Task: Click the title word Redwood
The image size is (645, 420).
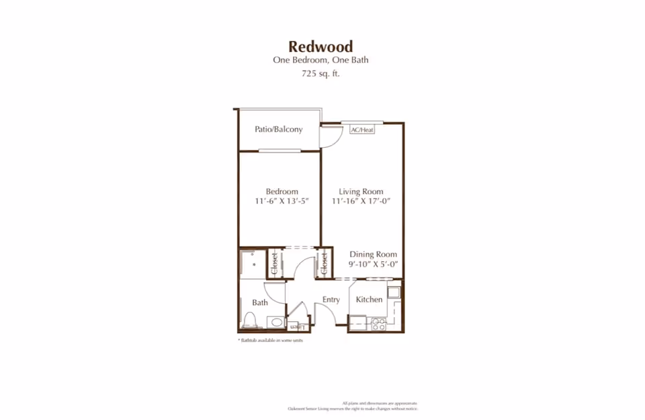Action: (320, 46)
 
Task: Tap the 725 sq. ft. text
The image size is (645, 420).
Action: (320, 74)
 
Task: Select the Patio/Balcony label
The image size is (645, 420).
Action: (278, 129)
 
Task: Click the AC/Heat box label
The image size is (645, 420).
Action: (362, 130)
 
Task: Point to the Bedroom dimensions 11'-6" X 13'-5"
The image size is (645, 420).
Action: (282, 201)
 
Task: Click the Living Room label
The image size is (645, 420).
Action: (361, 192)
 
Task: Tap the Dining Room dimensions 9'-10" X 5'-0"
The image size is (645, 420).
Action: (373, 264)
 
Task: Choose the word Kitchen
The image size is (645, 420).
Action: (369, 299)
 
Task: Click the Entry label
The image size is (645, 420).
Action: (331, 300)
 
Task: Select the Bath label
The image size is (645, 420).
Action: (260, 302)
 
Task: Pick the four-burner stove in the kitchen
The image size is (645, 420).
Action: (378, 324)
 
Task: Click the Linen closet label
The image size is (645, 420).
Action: (298, 327)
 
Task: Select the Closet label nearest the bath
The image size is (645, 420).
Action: (274, 263)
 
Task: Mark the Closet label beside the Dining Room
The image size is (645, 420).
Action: (323, 263)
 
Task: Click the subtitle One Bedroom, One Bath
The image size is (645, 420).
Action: (320, 60)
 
